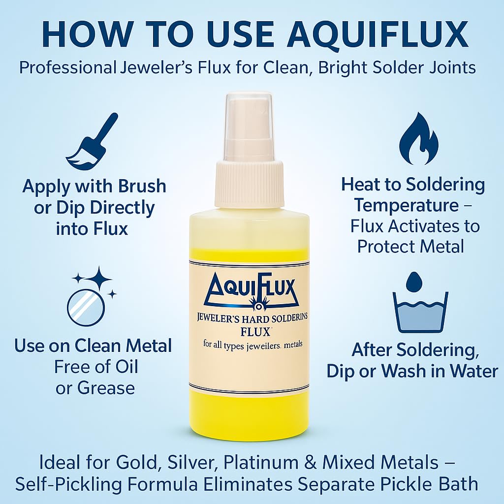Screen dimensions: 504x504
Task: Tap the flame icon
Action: click(x=419, y=139)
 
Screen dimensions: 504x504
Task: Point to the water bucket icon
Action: click(x=420, y=312)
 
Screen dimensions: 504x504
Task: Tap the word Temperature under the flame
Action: click(x=406, y=205)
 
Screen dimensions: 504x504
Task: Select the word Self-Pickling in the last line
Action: click(x=68, y=484)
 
